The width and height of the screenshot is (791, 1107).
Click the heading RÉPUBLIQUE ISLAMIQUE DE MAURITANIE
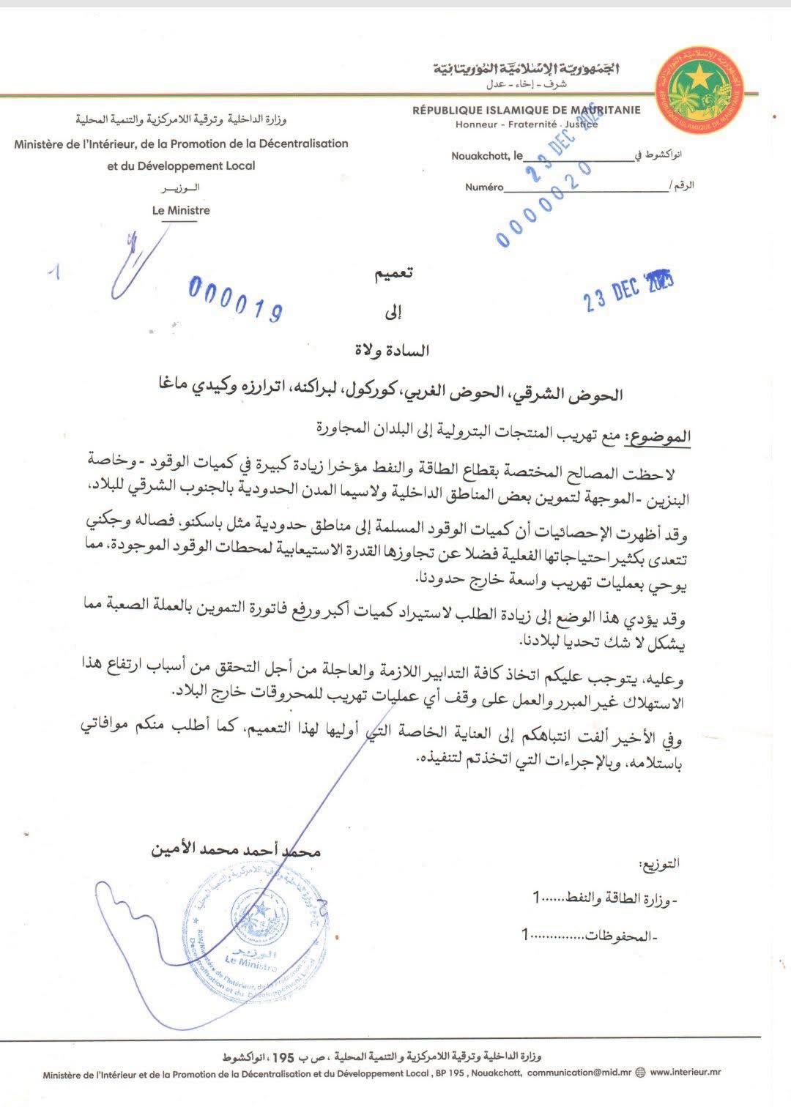(x=526, y=111)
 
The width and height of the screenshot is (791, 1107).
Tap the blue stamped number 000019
(x=236, y=299)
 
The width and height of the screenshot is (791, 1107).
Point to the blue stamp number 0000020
(x=543, y=205)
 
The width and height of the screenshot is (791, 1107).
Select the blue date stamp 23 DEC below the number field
(x=628, y=291)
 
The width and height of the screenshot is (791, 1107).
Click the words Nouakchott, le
(x=487, y=156)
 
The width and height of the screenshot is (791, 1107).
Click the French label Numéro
(x=484, y=187)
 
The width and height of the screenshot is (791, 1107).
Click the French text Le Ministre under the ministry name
(x=181, y=210)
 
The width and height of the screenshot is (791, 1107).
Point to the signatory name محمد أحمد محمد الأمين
(x=235, y=851)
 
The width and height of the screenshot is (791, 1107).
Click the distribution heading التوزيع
(x=660, y=864)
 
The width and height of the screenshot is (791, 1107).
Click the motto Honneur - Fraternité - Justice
(x=527, y=124)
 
